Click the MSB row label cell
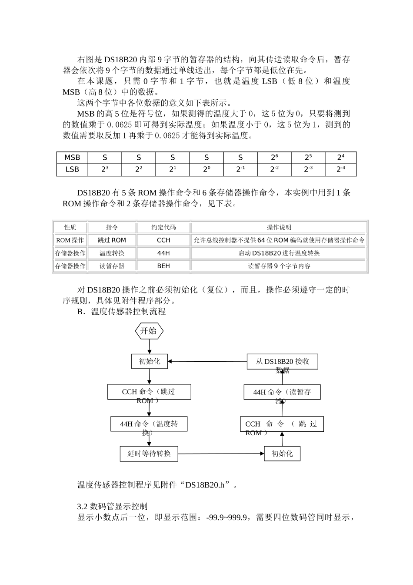point(72,158)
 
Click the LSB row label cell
point(72,169)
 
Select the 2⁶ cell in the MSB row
point(274,158)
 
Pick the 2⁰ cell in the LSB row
point(206,169)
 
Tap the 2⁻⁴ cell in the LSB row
point(340,169)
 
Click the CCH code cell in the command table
point(163,240)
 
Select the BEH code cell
point(163,266)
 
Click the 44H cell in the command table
point(163,253)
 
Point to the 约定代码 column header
point(163,227)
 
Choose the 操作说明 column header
point(279,227)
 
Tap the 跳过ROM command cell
point(112,240)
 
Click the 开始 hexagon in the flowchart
point(149,331)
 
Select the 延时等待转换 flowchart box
point(149,454)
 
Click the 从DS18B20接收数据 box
point(282,362)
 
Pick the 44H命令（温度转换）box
point(149,424)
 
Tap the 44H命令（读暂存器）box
point(282,392)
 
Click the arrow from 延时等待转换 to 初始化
point(221,454)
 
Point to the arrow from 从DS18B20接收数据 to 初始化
point(207,361)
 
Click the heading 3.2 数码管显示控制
point(112,506)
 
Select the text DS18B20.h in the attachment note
point(205,485)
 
